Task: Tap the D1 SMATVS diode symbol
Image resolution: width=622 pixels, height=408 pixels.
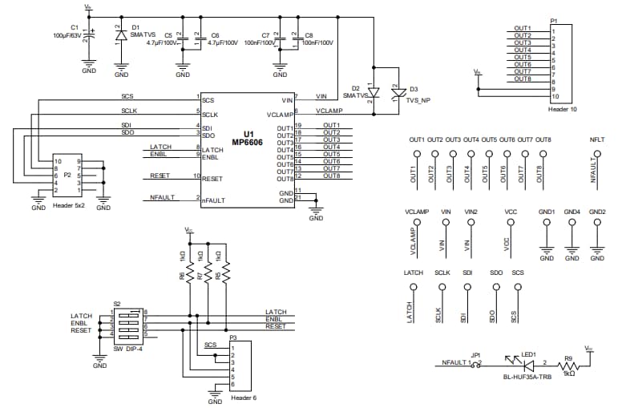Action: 121,36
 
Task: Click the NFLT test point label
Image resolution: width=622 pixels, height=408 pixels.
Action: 596,139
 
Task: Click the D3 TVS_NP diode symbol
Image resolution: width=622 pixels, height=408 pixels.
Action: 394,94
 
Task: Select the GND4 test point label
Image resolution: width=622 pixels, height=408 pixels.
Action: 572,212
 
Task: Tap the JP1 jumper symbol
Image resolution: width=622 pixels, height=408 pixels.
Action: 479,363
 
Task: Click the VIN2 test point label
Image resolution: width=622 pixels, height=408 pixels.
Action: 471,212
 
